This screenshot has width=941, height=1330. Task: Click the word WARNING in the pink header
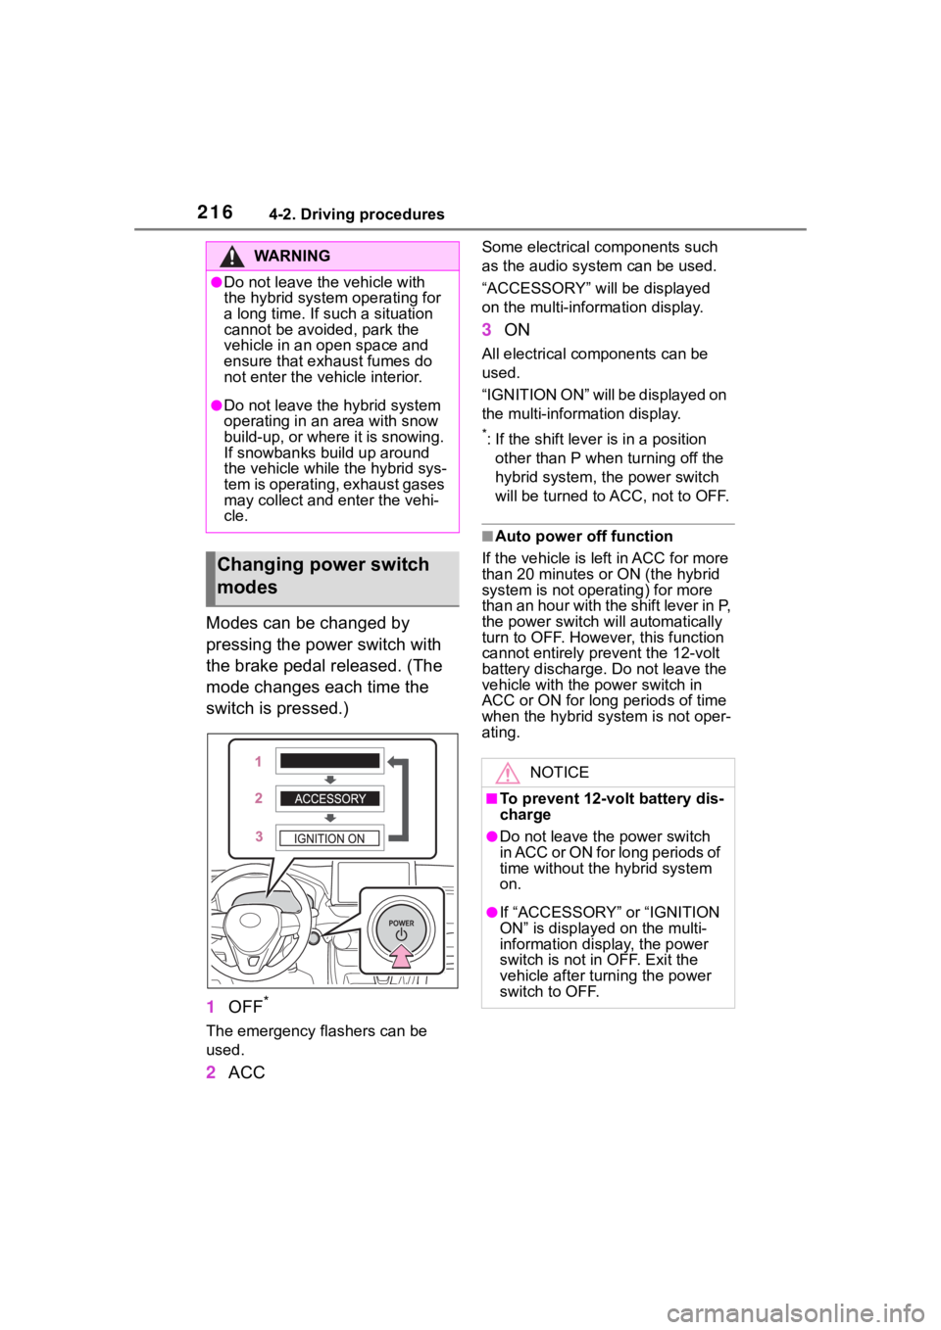point(291,256)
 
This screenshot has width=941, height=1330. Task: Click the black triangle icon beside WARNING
point(231,257)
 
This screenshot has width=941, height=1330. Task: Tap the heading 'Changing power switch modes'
point(323,576)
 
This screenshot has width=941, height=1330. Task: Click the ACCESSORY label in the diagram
point(329,799)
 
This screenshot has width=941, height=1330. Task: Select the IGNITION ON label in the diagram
point(329,838)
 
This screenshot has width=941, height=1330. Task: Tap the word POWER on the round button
point(401,923)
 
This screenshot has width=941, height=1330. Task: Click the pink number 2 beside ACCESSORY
point(259,798)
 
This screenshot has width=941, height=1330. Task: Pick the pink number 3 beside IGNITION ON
point(259,837)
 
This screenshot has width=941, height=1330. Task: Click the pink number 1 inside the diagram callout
point(259,761)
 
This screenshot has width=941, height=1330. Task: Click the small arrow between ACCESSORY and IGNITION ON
point(330,818)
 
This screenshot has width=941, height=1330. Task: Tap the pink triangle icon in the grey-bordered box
point(508,774)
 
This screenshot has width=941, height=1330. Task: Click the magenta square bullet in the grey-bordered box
point(492,799)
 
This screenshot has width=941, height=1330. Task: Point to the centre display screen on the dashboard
point(371,875)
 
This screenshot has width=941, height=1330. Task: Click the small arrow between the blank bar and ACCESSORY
point(330,780)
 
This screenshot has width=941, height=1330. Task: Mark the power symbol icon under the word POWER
point(401,935)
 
